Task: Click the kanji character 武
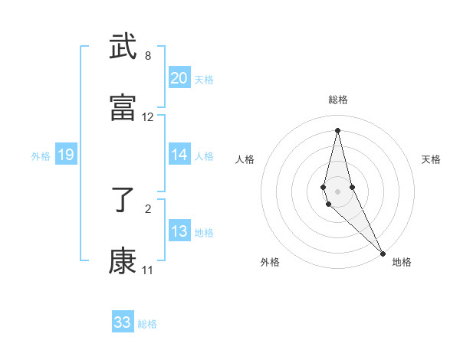123,47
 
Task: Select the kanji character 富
123,108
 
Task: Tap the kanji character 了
123,200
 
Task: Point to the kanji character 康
123,261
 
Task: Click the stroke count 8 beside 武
148,56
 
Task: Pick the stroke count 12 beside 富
148,117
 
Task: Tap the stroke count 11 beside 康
147,270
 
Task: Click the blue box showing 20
179,78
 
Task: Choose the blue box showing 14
179,155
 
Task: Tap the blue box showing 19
66,155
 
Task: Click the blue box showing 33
123,322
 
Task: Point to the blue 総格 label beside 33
147,324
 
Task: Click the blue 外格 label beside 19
41,156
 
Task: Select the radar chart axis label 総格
338,100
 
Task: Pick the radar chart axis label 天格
432,159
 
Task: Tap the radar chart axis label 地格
402,263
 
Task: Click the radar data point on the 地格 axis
383,253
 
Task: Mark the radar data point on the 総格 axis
338,129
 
